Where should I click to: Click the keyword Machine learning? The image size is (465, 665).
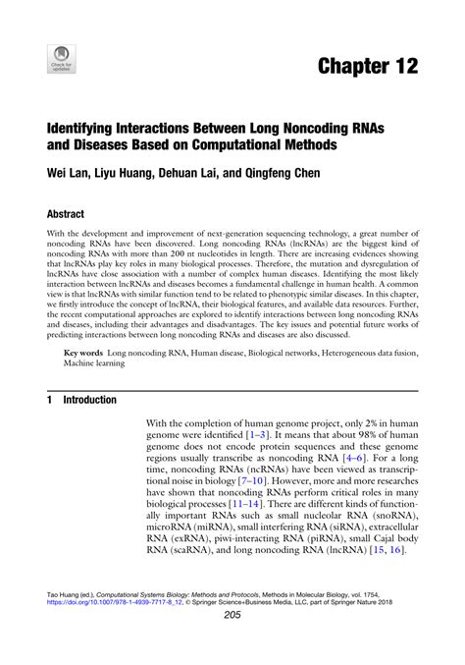(x=93, y=363)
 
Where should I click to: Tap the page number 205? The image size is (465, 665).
(x=232, y=642)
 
